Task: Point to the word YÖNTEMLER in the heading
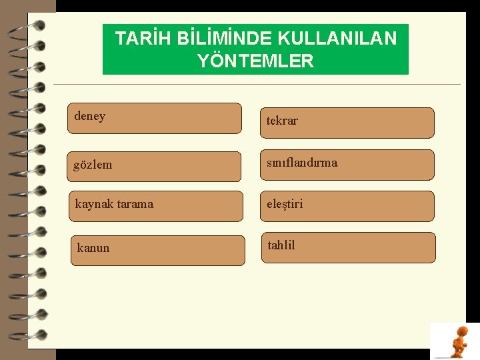click(255, 61)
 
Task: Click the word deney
click(90, 116)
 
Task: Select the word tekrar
click(282, 121)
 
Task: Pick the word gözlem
click(93, 165)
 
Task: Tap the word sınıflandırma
click(302, 163)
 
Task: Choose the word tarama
click(133, 204)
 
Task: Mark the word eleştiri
click(285, 204)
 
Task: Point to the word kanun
click(93, 248)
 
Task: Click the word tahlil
click(281, 245)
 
